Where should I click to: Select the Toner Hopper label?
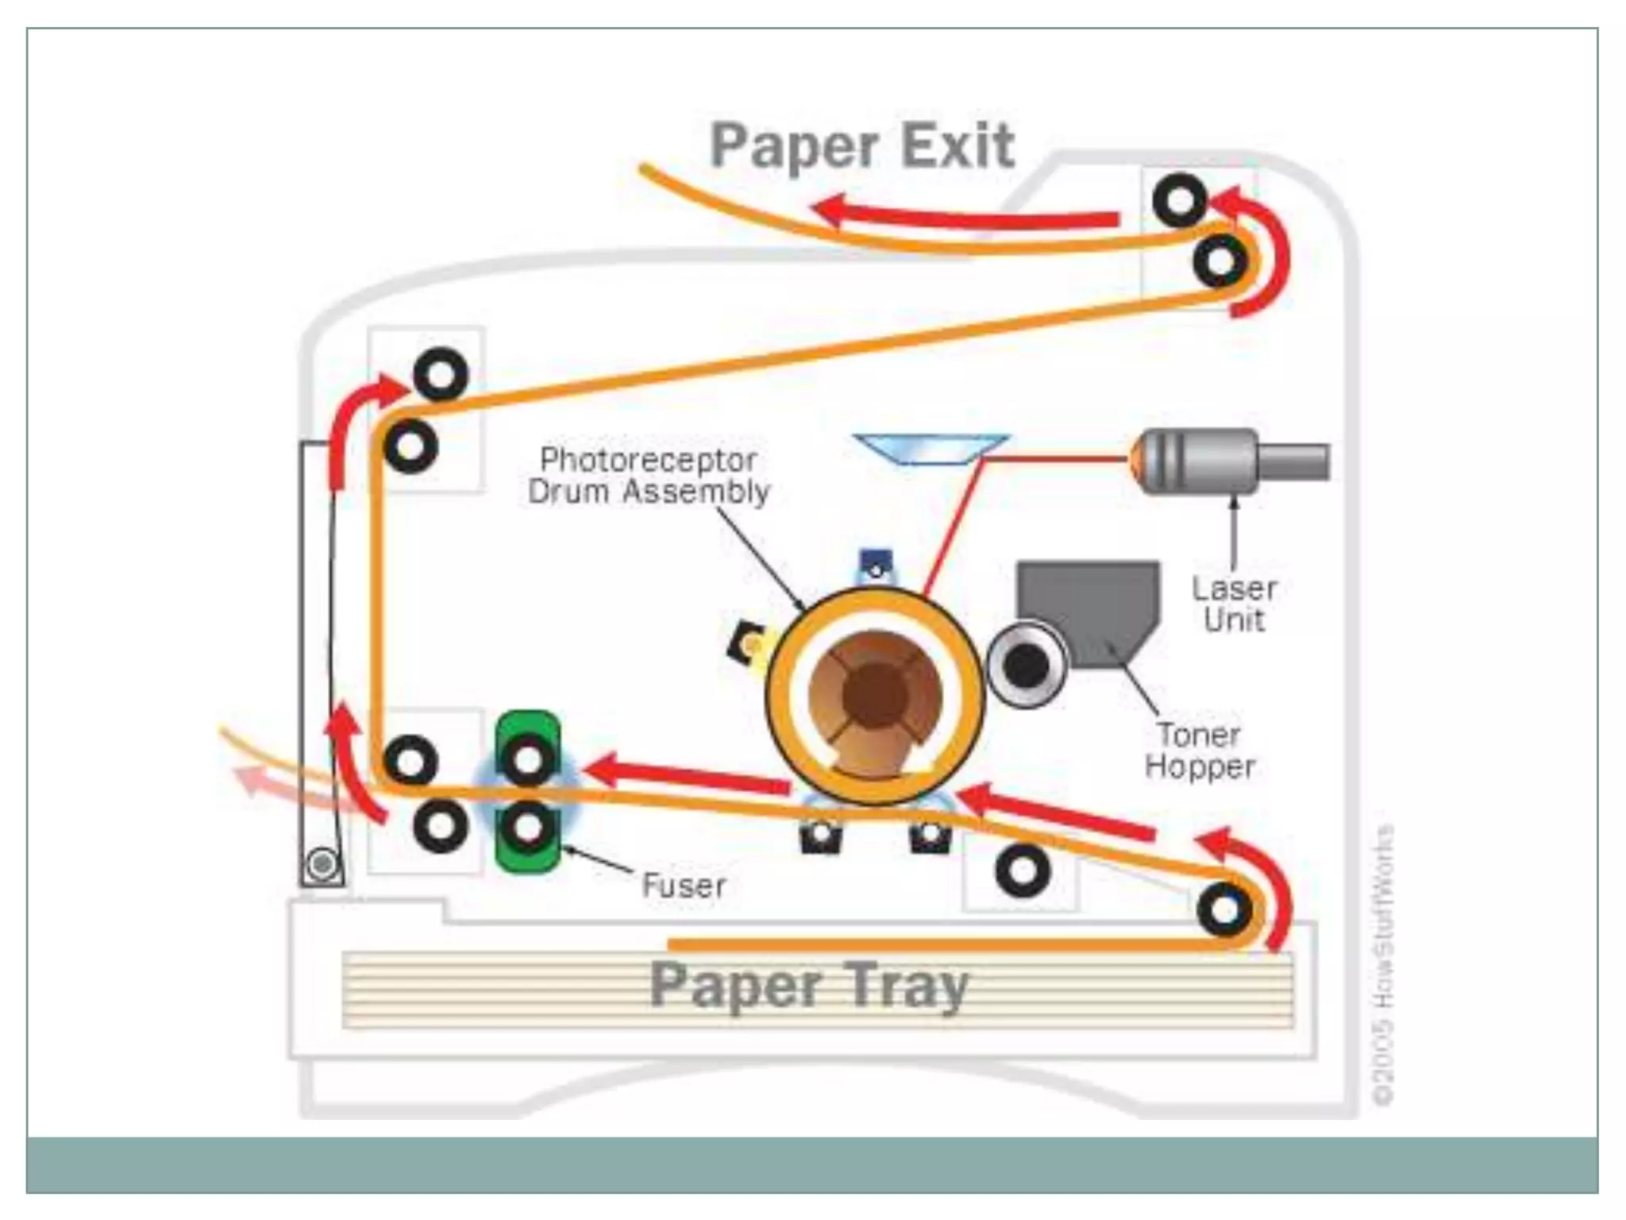[1199, 751]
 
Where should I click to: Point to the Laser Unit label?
[1234, 604]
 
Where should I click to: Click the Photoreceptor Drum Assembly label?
[648, 476]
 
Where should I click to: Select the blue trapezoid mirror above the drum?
[929, 449]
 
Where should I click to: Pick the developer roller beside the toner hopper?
[1026, 666]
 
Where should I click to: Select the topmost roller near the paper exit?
[1179, 200]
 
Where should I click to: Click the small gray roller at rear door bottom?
[322, 863]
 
